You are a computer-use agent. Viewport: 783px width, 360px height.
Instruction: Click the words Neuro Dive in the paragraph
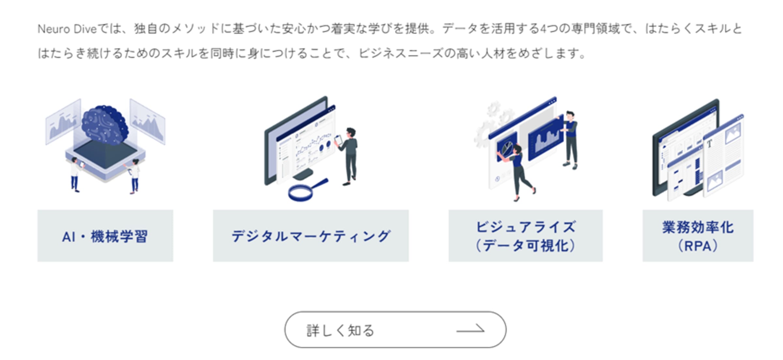click(x=67, y=29)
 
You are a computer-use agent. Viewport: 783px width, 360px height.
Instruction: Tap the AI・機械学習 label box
click(x=105, y=236)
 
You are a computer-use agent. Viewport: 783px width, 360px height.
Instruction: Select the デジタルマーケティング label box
click(x=311, y=236)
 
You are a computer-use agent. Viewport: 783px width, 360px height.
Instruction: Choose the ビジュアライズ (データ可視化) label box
click(x=526, y=236)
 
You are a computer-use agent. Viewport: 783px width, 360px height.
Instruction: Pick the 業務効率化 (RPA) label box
click(x=698, y=236)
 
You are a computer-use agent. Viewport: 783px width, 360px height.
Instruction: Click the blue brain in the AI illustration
click(x=104, y=125)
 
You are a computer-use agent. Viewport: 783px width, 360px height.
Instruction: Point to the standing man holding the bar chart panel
click(x=570, y=140)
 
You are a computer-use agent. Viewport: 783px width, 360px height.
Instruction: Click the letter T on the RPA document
click(x=709, y=144)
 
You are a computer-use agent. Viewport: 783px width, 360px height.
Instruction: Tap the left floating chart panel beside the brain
click(x=63, y=122)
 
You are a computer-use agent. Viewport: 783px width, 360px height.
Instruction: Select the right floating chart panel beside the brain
click(x=147, y=122)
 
